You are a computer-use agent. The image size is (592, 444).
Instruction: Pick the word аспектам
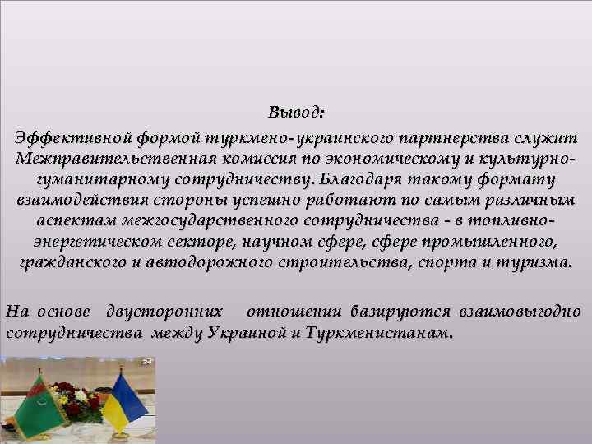point(75,222)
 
